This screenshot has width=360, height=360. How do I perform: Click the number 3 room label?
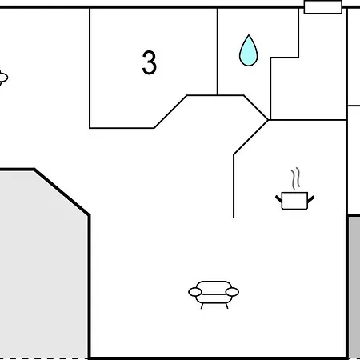tap(150, 62)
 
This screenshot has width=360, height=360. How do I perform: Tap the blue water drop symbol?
tap(248, 50)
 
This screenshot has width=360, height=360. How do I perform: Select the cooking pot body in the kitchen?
tap(294, 201)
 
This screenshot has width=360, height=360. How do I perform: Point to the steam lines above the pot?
tap(296, 178)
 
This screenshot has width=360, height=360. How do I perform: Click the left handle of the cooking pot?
tap(278, 199)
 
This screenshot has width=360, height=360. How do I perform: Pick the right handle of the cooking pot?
tap(311, 199)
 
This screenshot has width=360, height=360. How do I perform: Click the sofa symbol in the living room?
tap(214, 294)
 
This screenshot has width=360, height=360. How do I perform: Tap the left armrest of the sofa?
tap(195, 292)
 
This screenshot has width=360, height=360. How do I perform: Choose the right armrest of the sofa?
tap(232, 292)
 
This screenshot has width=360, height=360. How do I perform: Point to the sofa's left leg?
tap(202, 306)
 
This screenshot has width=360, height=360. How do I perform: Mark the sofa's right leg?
tap(226, 306)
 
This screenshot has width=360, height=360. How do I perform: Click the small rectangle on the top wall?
tap(323, 7)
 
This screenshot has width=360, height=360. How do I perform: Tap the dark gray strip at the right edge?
tap(354, 287)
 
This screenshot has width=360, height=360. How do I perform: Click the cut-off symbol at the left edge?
tap(3, 78)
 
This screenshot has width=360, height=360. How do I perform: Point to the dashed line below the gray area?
tap(44, 358)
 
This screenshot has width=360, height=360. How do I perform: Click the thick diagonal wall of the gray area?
tap(62, 192)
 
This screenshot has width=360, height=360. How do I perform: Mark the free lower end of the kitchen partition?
tap(234, 218)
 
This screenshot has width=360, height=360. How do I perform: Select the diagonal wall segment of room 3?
tap(170, 111)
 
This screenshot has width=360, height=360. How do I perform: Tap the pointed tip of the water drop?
tap(249, 35)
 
